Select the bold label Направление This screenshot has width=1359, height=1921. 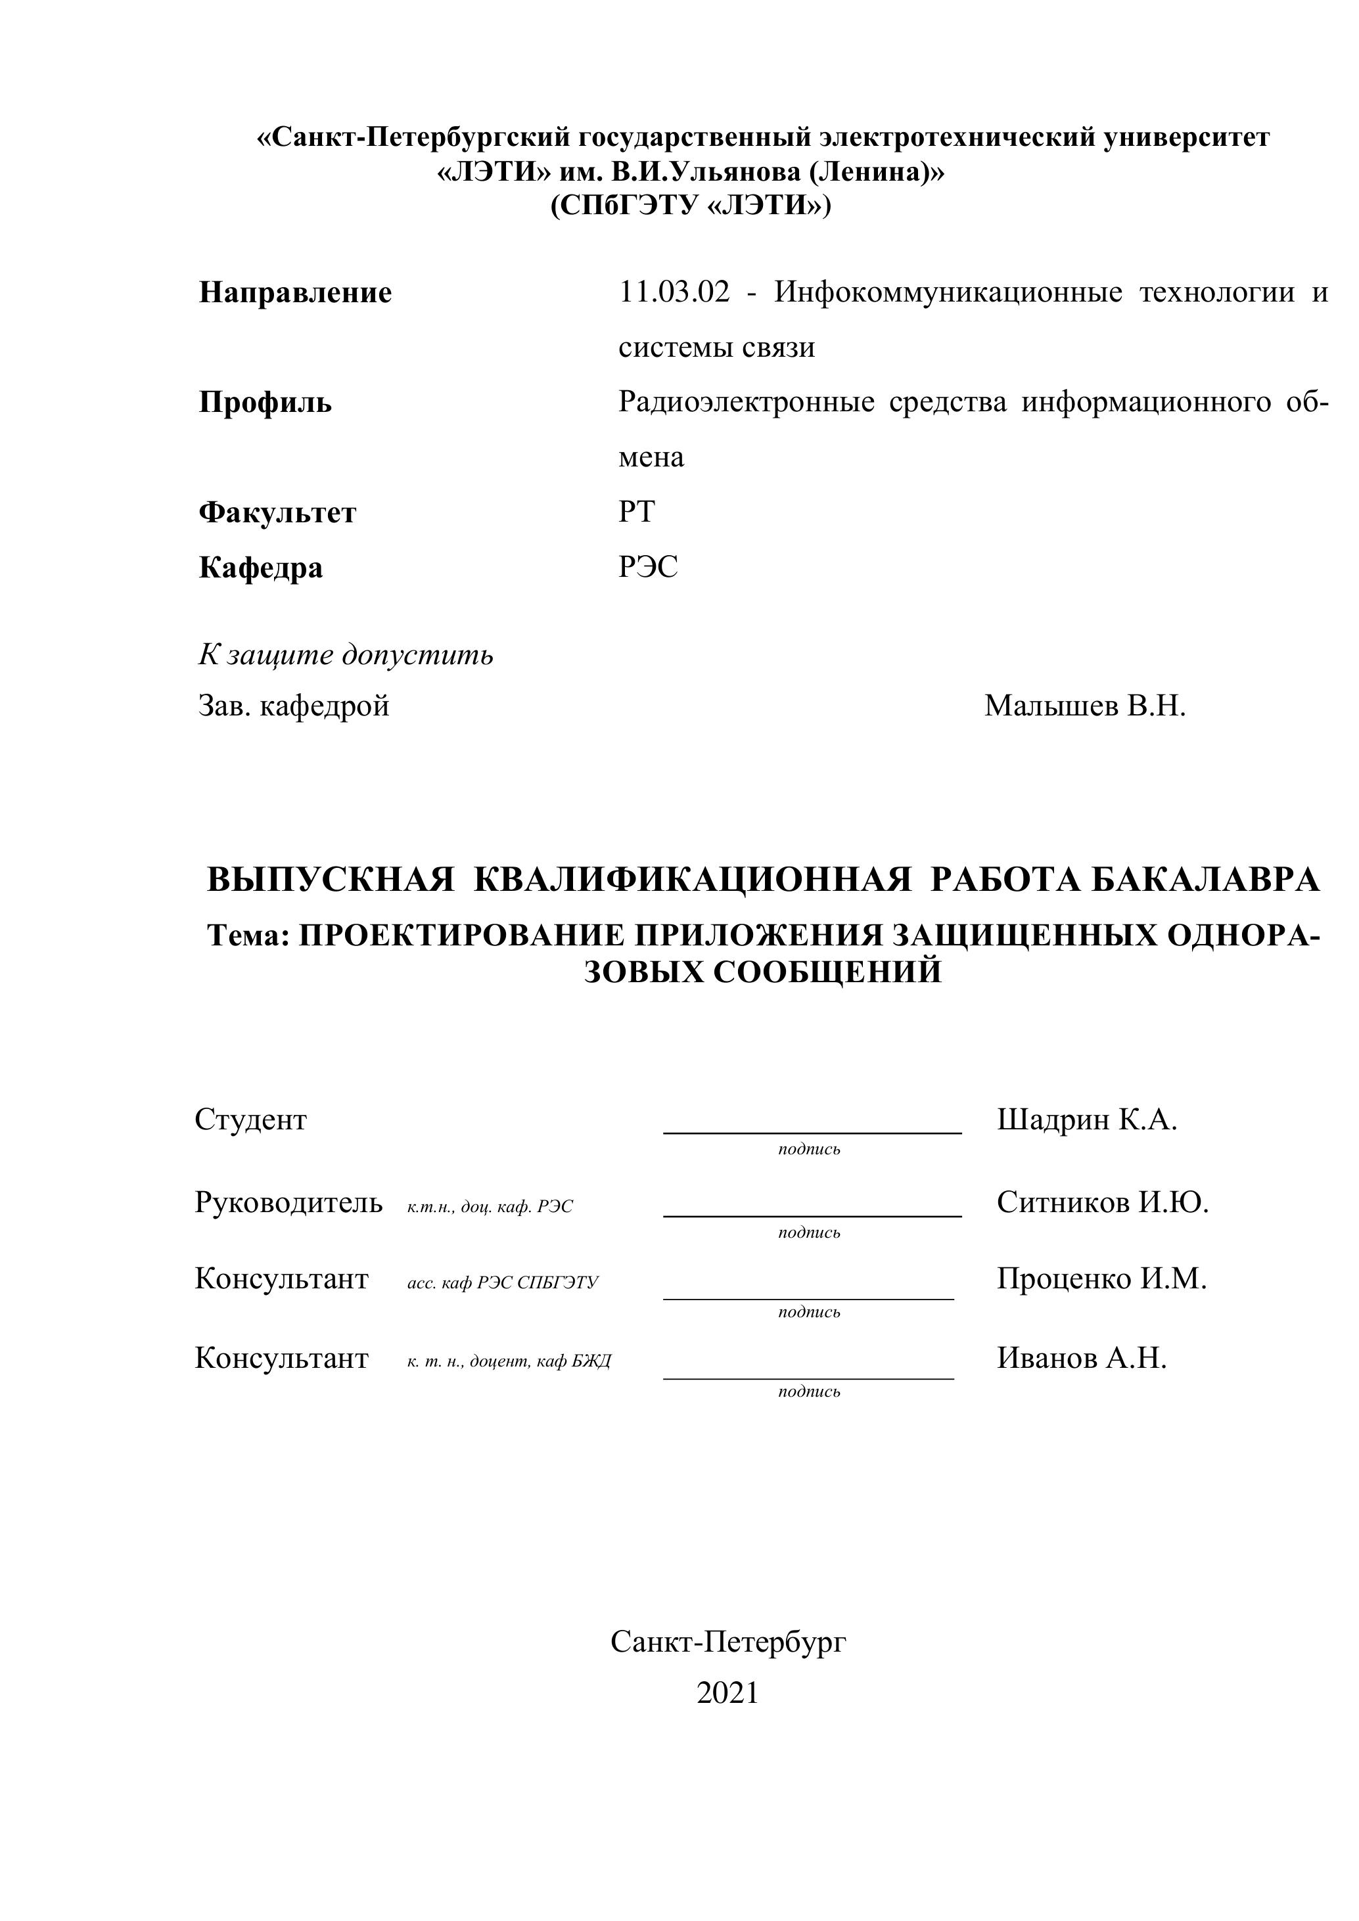[x=296, y=293]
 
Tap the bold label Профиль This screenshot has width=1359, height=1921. [x=265, y=403]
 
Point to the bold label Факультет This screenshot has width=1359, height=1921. [x=277, y=513]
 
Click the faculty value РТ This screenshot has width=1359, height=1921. [x=636, y=511]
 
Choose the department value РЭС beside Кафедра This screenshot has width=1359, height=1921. [x=648, y=567]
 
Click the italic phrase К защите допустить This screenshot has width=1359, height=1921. [x=346, y=654]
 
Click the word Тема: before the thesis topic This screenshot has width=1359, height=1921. [x=248, y=936]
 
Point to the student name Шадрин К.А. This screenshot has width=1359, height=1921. [x=1086, y=1119]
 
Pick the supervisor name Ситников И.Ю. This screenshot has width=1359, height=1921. [x=1102, y=1203]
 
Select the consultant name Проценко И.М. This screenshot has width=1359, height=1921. [x=1101, y=1278]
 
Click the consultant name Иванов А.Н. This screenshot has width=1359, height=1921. [x=1081, y=1358]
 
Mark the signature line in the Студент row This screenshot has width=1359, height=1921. [x=812, y=1132]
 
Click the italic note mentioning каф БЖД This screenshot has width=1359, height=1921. [x=509, y=1361]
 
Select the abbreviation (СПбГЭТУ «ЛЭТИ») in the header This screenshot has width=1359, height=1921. [x=691, y=206]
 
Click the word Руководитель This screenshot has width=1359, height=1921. [x=288, y=1203]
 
